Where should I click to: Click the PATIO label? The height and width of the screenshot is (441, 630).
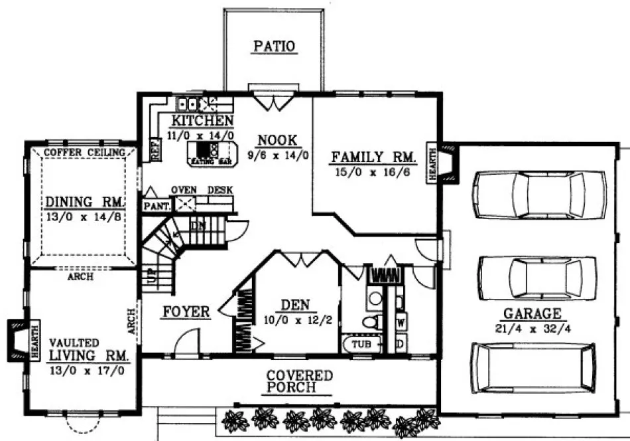click(274, 46)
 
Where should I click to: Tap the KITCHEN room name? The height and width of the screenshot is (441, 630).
click(202, 121)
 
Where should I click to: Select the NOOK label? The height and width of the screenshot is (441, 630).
click(277, 140)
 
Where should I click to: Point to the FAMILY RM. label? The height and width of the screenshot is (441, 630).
click(373, 157)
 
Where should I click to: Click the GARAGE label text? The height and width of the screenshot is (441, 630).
click(532, 313)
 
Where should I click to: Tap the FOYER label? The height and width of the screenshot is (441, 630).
click(186, 311)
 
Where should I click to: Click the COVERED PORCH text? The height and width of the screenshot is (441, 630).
click(299, 382)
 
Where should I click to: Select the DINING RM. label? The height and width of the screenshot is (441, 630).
click(83, 202)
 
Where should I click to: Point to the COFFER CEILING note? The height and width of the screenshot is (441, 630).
click(84, 153)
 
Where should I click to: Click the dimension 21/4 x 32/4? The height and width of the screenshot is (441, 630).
click(532, 327)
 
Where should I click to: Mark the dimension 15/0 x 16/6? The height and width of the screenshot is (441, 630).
click(373, 172)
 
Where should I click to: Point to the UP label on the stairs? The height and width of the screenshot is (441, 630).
click(151, 276)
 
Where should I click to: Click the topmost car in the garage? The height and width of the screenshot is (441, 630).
click(538, 195)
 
